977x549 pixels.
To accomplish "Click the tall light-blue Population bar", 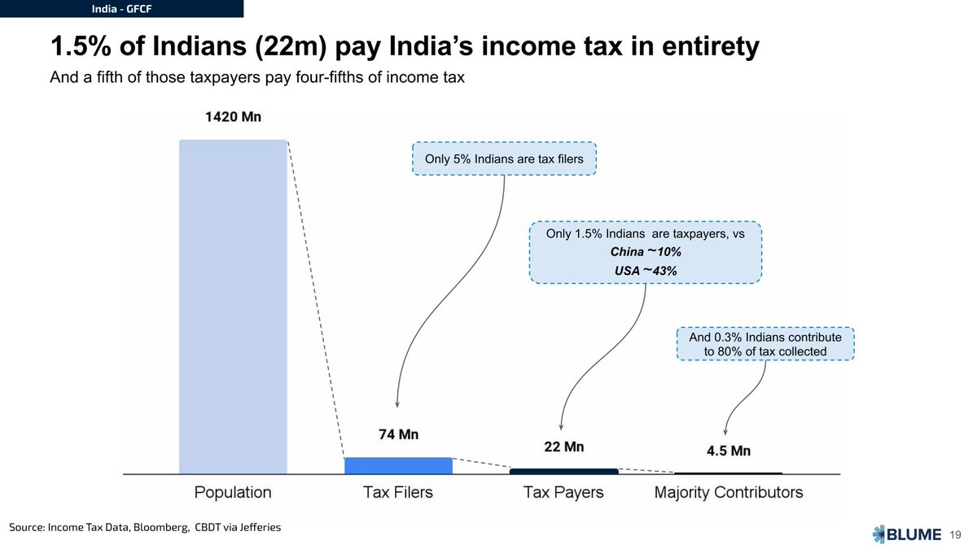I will point(233,307).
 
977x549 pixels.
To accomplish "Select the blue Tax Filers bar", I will point(398,465).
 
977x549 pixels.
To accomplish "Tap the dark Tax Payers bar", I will point(563,471).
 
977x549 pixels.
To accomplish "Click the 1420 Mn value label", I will point(233,117).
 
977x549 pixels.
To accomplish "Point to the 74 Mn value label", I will point(398,435).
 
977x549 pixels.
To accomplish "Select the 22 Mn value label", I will point(563,447).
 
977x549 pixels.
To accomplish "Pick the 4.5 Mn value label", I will point(729,451).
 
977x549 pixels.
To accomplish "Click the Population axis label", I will point(233,492).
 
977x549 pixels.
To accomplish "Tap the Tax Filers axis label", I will point(398,492).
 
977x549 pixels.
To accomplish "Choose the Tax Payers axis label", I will point(563,492).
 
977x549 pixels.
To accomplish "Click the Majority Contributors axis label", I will point(729,492).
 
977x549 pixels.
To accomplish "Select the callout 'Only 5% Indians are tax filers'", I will point(504,159).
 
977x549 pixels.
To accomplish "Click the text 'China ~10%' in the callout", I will point(646,251).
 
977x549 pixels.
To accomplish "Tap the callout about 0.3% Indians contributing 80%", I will point(765,344).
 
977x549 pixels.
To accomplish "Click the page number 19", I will point(956,534).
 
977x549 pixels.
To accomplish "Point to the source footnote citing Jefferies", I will point(145,527).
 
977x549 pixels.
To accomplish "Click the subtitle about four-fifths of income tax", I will point(257,79).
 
